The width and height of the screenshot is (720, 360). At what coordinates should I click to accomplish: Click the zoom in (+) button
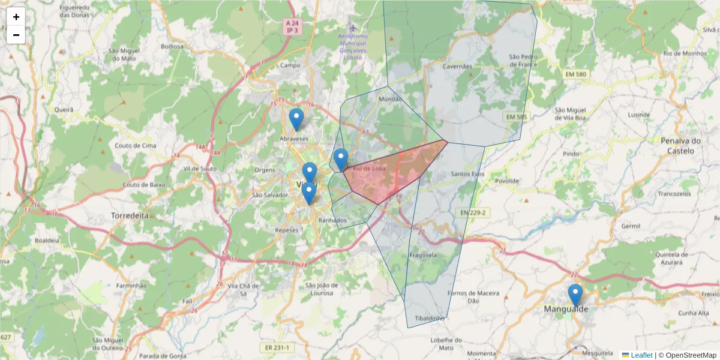coord(16,17)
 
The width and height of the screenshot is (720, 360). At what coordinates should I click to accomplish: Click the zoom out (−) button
coord(16,35)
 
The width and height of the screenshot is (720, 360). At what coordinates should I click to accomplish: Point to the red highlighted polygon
coord(390,174)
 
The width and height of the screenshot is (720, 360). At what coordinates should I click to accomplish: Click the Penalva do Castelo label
coord(680,146)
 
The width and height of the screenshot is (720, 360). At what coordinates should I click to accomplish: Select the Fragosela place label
coord(423,254)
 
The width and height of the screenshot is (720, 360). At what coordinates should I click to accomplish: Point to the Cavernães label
coord(458,67)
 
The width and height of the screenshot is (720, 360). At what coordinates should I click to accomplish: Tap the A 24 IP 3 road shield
coord(292,26)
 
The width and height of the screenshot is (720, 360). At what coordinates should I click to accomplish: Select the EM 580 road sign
coord(576,74)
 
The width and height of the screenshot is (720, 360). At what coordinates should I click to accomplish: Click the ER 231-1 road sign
coord(277,347)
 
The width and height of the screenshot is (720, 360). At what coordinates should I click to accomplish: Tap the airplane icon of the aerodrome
coord(353,28)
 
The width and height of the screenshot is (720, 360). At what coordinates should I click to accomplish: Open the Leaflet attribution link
coord(641,355)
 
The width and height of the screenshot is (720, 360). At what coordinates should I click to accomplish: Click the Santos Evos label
coord(467,174)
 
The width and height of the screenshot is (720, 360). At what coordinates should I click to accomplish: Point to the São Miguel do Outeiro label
coord(109,344)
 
